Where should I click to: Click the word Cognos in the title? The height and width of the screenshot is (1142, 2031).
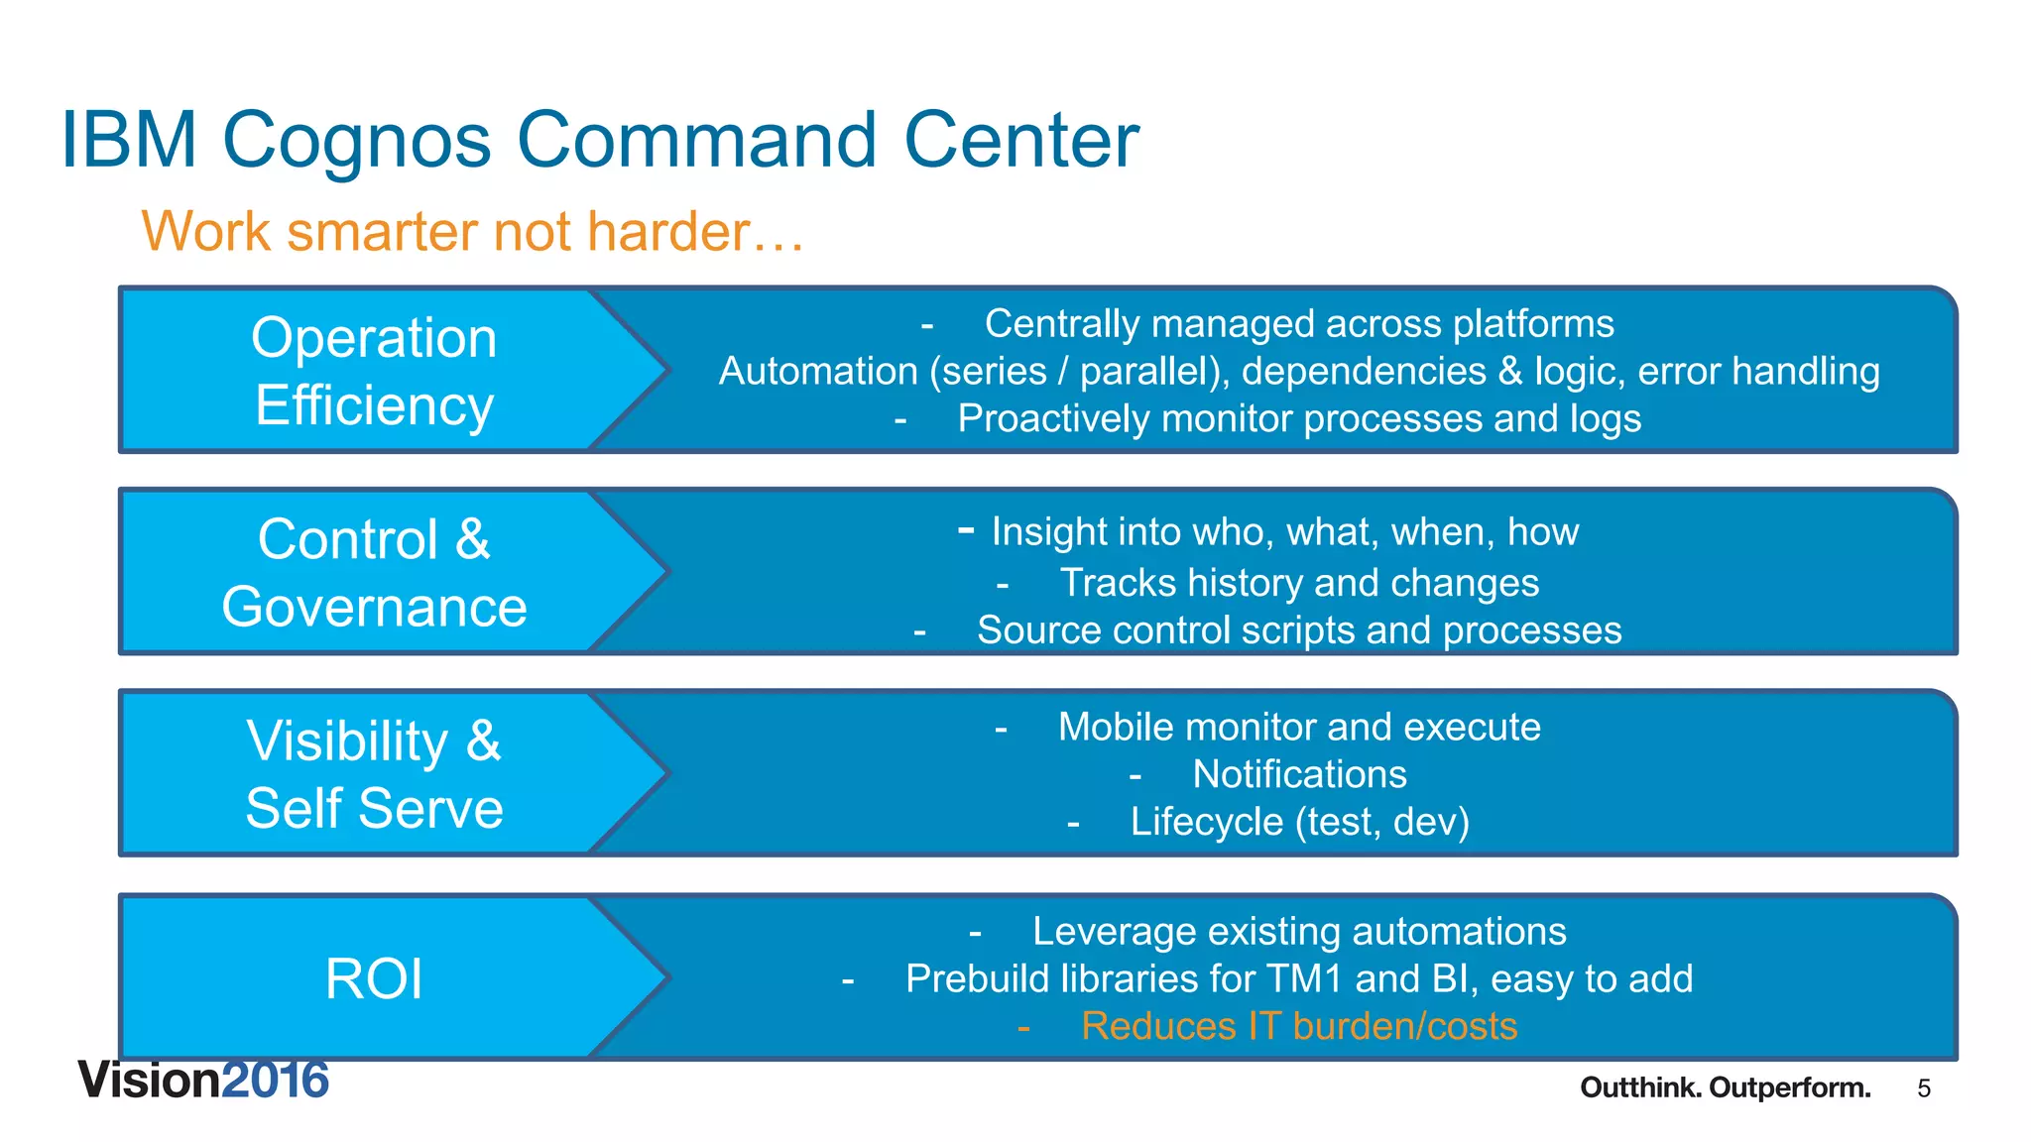point(355,141)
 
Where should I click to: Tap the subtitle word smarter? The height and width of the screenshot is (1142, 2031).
point(383,232)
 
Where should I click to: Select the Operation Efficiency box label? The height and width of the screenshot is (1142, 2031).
point(374,371)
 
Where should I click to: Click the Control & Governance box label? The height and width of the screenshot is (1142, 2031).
point(374,573)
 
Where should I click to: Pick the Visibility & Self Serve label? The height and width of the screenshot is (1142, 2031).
point(374,774)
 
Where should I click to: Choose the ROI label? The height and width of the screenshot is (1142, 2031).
point(374,978)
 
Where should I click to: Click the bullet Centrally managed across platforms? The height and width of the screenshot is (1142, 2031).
point(1298,324)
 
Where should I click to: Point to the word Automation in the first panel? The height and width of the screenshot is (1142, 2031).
point(817,372)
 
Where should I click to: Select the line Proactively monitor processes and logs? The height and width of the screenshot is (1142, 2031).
point(1298,418)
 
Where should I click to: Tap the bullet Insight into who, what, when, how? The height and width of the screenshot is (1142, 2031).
point(1284,532)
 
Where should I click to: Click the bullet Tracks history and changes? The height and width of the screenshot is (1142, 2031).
point(1298,583)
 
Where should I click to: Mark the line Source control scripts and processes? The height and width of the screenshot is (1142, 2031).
point(1298,630)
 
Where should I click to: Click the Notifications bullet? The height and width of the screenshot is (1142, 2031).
point(1298,774)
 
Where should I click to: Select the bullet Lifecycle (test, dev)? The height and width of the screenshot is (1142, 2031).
point(1298,822)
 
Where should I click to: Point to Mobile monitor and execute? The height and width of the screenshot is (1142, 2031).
point(1298,728)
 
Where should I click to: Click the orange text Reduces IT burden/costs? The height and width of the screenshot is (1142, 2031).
point(1298,1026)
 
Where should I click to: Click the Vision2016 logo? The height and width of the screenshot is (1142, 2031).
point(203,1081)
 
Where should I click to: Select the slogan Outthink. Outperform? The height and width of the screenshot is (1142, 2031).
point(1725,1088)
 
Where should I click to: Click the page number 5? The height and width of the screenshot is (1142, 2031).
point(1924,1089)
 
